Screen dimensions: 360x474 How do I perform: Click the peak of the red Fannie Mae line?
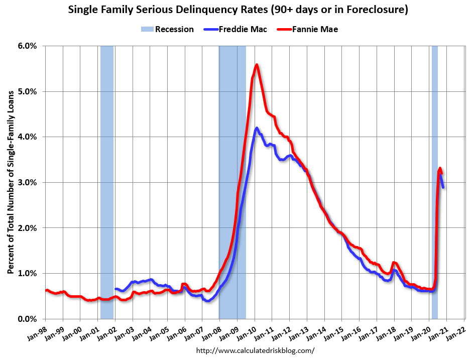257,65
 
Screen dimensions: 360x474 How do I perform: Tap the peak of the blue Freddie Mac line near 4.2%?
257,128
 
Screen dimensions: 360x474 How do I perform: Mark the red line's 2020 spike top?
440,168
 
